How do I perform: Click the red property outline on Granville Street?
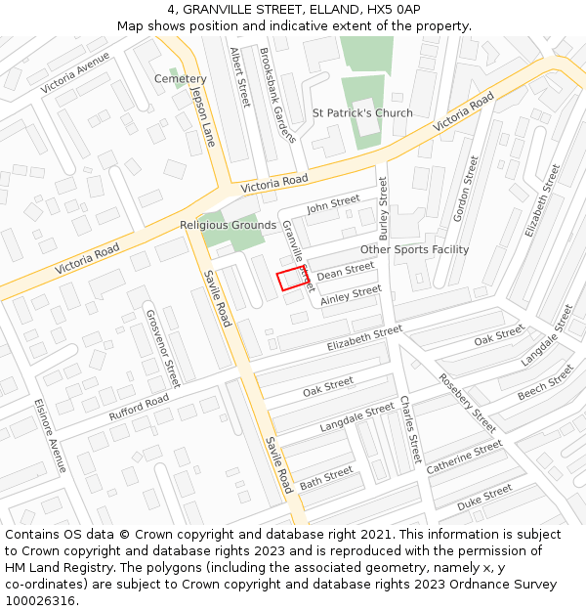click(x=292, y=279)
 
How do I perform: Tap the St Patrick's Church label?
click(x=362, y=113)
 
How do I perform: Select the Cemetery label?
click(x=181, y=79)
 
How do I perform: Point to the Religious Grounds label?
click(x=228, y=226)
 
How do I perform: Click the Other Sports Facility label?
click(x=414, y=250)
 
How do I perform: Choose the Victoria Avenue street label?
click(x=75, y=73)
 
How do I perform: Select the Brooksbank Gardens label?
click(x=277, y=97)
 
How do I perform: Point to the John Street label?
click(x=333, y=204)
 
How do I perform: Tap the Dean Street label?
click(x=346, y=270)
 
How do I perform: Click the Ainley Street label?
click(x=351, y=294)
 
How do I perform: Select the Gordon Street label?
click(x=464, y=188)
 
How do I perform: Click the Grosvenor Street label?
click(x=162, y=348)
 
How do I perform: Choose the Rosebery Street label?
click(x=467, y=403)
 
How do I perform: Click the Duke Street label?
click(x=484, y=497)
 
